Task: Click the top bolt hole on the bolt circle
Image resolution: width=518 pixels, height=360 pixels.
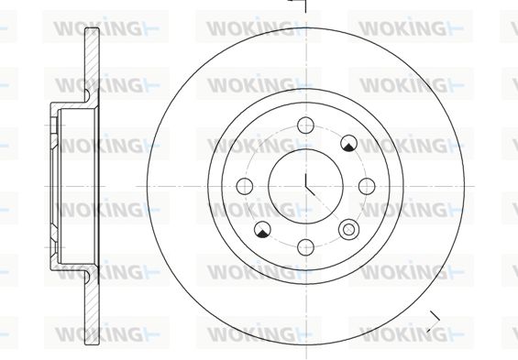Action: [x=305, y=125]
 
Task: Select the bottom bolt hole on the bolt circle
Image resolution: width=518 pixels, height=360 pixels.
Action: [x=305, y=247]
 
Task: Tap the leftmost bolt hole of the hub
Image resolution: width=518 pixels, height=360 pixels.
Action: [x=245, y=186]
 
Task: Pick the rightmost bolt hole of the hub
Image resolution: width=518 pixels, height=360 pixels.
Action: [x=367, y=186]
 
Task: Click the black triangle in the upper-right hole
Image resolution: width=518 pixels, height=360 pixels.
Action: [x=348, y=147]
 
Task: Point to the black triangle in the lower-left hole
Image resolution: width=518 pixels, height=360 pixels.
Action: [x=262, y=234]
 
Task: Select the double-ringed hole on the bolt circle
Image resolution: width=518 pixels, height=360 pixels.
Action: [x=348, y=229]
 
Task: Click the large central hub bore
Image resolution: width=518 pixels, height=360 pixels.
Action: [x=305, y=186]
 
